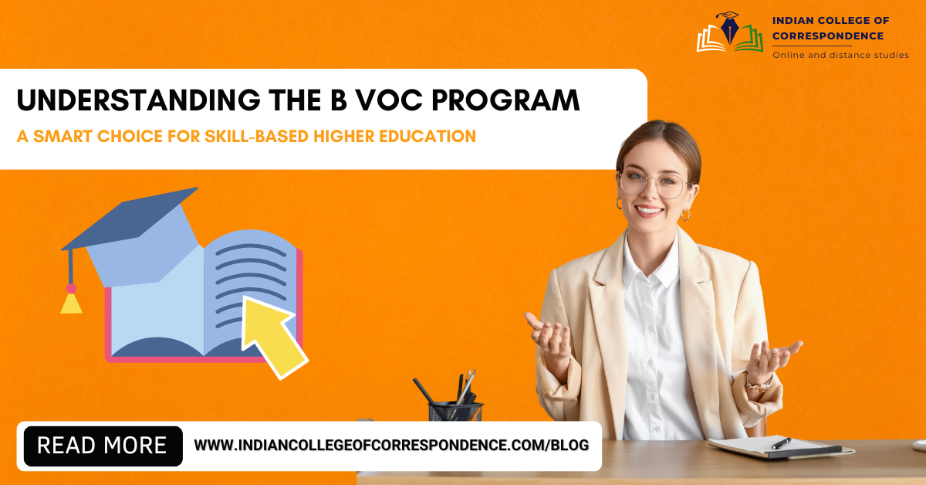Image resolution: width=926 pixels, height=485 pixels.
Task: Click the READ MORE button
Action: tap(103, 446)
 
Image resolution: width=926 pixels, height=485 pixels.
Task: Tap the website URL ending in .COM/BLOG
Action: tap(391, 446)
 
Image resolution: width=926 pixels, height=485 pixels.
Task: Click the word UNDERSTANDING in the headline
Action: tap(138, 100)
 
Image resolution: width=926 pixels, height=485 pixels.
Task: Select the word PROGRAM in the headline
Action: tap(505, 100)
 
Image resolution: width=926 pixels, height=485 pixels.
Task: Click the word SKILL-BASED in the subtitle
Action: tap(256, 136)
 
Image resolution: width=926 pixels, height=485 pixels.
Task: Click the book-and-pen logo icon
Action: tap(730, 32)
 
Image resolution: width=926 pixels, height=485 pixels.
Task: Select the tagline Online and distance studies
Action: tap(840, 55)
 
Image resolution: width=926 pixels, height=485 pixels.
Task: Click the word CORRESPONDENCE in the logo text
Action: tap(828, 36)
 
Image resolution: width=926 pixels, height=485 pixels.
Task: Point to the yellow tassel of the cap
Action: tap(71, 303)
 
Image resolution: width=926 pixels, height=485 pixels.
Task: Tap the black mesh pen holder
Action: tap(455, 411)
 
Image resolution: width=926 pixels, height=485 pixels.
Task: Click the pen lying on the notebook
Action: tap(781, 443)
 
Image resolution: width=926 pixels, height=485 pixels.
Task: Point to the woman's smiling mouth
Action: tap(649, 211)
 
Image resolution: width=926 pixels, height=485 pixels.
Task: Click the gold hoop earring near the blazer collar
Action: tap(685, 215)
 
